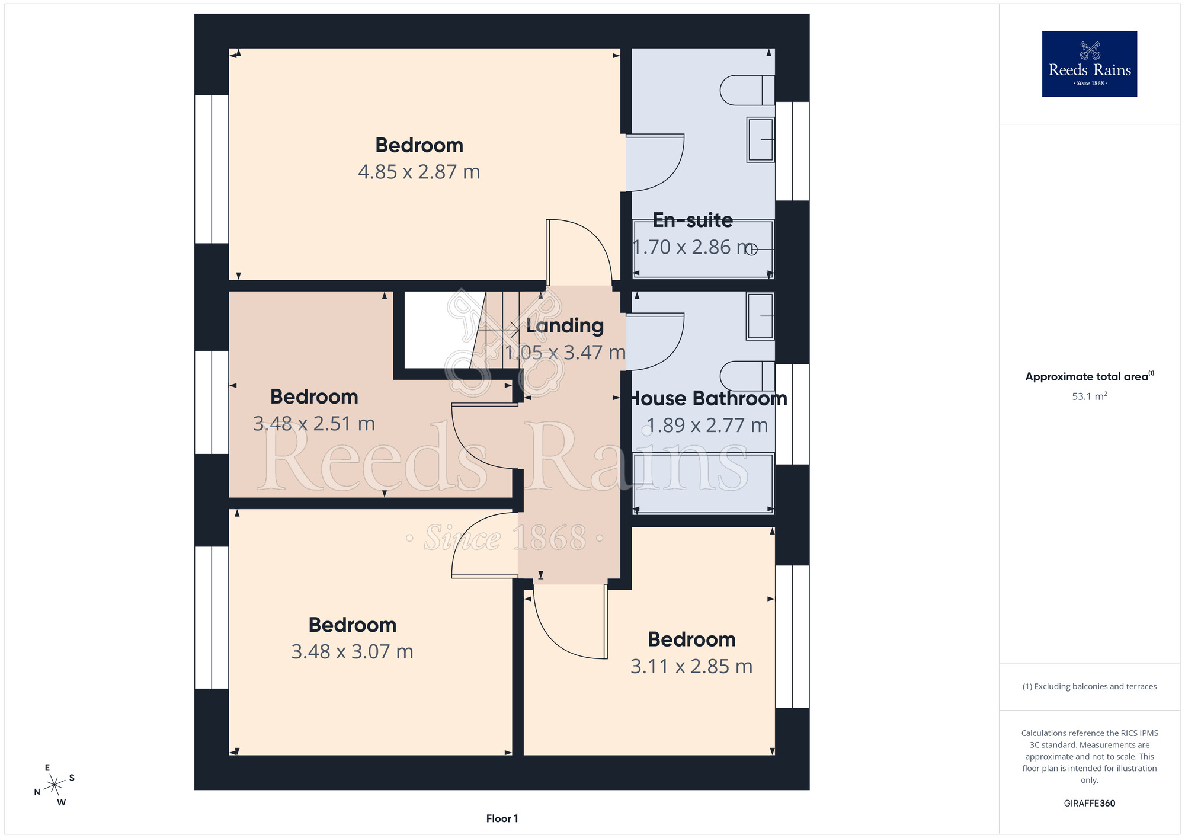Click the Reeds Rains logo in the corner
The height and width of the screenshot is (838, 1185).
(1089, 64)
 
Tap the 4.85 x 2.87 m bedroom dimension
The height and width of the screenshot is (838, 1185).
(419, 172)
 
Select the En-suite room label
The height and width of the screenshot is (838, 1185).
(693, 220)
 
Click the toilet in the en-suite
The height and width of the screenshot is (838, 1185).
(747, 90)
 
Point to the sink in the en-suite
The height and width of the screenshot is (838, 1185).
(760, 140)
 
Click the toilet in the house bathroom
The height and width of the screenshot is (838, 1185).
(747, 376)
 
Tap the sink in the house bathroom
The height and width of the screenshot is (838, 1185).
(760, 316)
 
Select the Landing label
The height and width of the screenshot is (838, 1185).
(565, 325)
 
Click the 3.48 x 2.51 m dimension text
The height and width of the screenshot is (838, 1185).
(314, 424)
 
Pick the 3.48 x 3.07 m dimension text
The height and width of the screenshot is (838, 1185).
(352, 652)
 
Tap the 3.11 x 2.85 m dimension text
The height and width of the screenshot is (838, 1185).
(691, 667)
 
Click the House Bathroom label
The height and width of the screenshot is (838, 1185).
(707, 398)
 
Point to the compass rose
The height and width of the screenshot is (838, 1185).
(55, 785)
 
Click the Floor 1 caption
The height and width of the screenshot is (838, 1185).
(502, 818)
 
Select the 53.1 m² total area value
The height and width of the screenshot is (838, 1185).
(1089, 396)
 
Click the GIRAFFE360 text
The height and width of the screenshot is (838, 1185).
(1089, 804)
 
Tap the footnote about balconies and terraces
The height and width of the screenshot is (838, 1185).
(1089, 686)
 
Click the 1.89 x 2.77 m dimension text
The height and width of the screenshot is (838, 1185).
(707, 426)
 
